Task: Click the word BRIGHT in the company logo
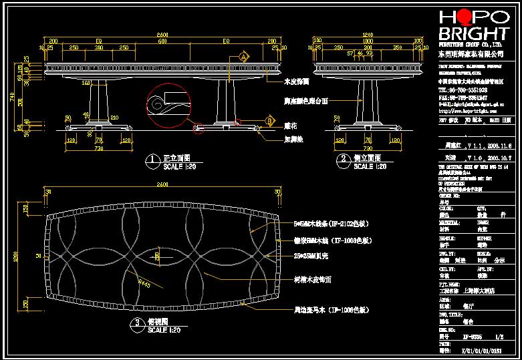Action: [x=473, y=34]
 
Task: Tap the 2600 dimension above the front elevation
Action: [x=162, y=34]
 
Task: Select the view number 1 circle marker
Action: [x=152, y=160]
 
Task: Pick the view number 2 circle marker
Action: [x=343, y=159]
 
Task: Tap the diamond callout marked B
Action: [x=269, y=120]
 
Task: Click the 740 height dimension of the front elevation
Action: [x=13, y=96]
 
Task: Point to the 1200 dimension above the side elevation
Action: [x=366, y=34]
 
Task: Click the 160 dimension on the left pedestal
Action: [x=86, y=83]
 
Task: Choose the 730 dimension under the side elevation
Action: [x=367, y=147]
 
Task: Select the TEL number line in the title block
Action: [x=463, y=89]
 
